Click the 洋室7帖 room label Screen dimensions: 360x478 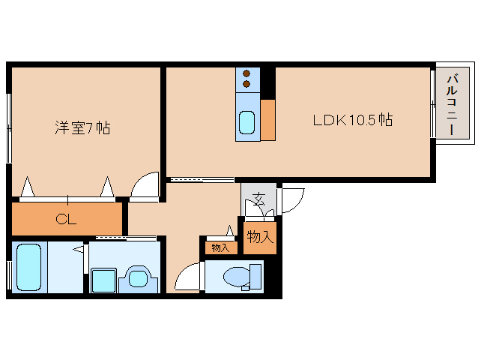click(x=82, y=128)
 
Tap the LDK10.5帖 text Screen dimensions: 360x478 click(x=353, y=120)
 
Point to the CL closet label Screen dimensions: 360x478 click(x=67, y=220)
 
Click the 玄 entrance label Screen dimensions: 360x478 click(x=258, y=200)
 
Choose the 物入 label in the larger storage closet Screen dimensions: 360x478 click(x=259, y=237)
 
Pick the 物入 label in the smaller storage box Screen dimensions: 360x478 click(x=220, y=247)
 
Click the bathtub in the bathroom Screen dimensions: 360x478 click(x=28, y=267)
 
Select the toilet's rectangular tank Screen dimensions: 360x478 click(x=256, y=277)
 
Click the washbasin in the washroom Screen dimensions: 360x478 click(x=137, y=277)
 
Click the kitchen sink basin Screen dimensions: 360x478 click(x=246, y=121)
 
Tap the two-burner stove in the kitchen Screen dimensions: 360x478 click(x=246, y=79)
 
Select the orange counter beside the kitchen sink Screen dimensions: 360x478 click(x=267, y=120)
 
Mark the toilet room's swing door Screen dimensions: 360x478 click(x=188, y=278)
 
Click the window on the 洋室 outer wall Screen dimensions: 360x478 click(x=9, y=128)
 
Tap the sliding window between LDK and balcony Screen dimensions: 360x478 click(x=433, y=103)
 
